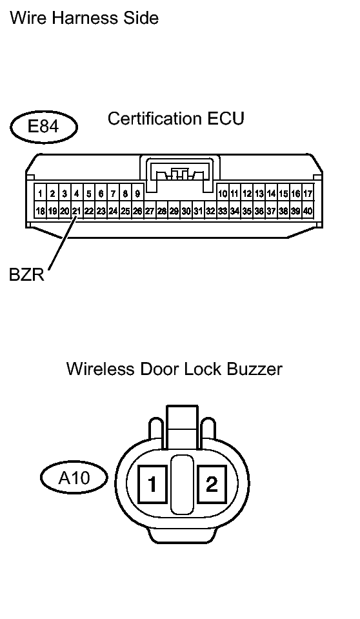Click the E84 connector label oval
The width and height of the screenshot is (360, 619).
point(43,127)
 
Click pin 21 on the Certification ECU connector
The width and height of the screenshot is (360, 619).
point(76,211)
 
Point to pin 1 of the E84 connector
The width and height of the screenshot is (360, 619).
point(40,194)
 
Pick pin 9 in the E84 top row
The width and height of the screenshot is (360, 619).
point(137,194)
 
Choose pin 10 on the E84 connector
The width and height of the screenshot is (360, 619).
point(223,194)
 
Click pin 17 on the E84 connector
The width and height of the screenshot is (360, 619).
point(308,194)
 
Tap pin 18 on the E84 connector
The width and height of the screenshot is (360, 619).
point(40,211)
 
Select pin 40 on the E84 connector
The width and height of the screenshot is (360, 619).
point(308,211)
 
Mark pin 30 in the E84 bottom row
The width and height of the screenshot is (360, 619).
point(186,211)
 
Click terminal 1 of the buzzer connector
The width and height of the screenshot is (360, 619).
point(152,484)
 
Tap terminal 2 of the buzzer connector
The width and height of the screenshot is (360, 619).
point(211,484)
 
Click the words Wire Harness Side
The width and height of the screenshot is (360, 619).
point(84,17)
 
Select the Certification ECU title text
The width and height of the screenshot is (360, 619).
point(175,119)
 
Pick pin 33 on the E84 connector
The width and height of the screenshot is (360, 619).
point(222,211)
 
